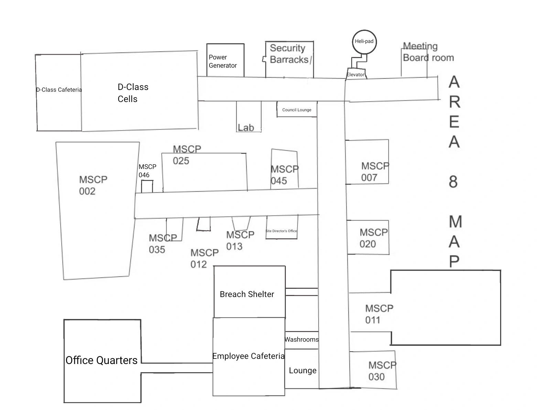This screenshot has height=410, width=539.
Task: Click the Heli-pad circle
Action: (x=364, y=42)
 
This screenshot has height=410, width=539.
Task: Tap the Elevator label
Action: (x=355, y=75)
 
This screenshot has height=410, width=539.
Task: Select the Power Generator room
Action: (x=225, y=61)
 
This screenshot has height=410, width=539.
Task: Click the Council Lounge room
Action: (x=297, y=110)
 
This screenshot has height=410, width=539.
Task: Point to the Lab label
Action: (x=246, y=128)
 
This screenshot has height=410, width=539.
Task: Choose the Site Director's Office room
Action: (x=281, y=227)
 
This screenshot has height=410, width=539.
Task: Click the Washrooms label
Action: (x=302, y=340)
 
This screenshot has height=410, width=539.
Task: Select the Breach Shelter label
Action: (x=247, y=294)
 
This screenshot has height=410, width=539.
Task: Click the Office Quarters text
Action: (x=101, y=360)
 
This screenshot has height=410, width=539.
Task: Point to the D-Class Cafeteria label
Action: (x=59, y=90)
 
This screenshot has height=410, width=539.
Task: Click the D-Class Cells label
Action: (x=133, y=93)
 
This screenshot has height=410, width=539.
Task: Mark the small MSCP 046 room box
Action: (x=147, y=186)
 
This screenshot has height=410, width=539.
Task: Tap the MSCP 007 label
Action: (x=375, y=172)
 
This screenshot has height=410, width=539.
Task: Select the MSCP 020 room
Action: (x=368, y=238)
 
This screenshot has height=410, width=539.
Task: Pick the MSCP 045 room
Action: (x=284, y=169)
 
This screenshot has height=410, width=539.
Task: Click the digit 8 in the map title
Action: (x=453, y=181)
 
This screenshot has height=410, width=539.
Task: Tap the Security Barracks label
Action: (x=289, y=54)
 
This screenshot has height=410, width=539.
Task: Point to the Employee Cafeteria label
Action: (x=248, y=356)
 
